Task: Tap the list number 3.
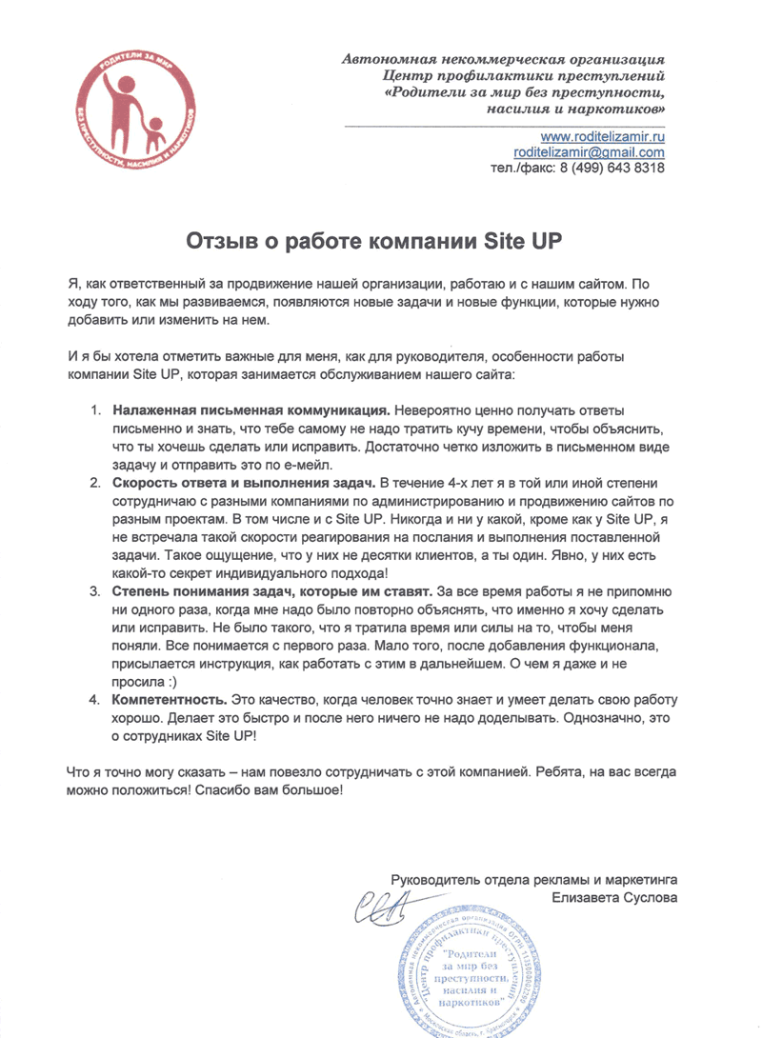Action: point(96,591)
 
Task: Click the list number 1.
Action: point(96,410)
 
